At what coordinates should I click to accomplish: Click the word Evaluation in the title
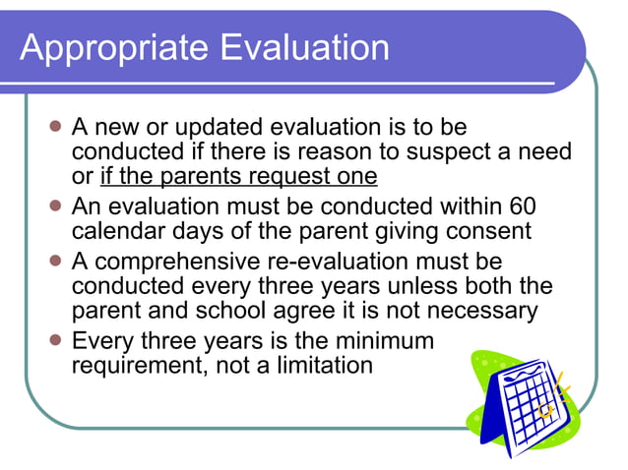click(x=299, y=46)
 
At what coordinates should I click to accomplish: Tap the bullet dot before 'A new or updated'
click(x=56, y=128)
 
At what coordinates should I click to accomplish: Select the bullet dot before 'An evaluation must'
click(x=56, y=207)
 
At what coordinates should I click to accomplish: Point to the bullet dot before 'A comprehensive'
click(x=56, y=262)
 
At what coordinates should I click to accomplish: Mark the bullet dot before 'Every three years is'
click(x=56, y=341)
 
